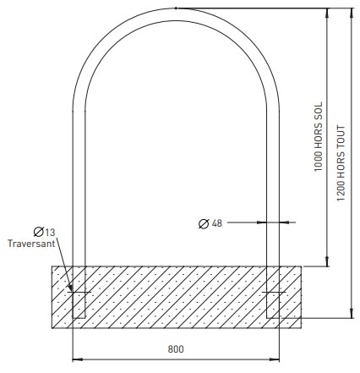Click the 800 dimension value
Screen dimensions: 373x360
click(x=175, y=348)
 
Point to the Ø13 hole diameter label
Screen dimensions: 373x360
click(x=45, y=231)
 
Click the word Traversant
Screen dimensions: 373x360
click(x=31, y=244)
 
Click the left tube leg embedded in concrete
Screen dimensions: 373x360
click(x=79, y=292)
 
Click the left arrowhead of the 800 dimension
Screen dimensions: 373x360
click(x=76, y=357)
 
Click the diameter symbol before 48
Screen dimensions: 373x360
click(x=204, y=223)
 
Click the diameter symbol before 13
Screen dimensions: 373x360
click(x=39, y=231)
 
